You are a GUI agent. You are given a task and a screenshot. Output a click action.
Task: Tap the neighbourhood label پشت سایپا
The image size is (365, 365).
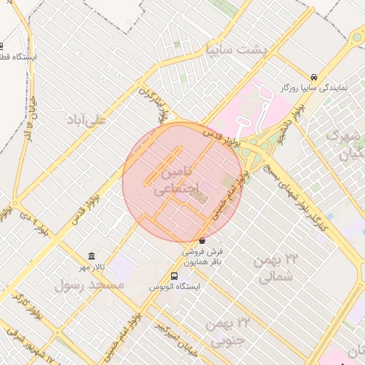coord(235,50)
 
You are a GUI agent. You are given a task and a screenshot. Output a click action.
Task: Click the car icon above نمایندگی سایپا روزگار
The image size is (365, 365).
coord(314,77)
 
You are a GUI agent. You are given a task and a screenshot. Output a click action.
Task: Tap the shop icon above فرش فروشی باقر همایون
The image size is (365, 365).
coord(202,241)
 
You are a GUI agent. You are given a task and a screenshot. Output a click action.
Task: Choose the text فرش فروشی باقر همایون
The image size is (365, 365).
coord(202,257)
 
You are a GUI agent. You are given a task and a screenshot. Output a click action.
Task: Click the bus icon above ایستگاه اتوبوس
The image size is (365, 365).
coord(175,276)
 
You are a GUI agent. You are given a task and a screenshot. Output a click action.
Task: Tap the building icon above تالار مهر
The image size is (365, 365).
coord(91,256)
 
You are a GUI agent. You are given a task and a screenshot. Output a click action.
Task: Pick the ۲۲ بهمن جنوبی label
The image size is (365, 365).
coord(228,331)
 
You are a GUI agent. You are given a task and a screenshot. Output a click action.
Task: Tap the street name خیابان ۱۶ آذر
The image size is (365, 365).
coord(29,129)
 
